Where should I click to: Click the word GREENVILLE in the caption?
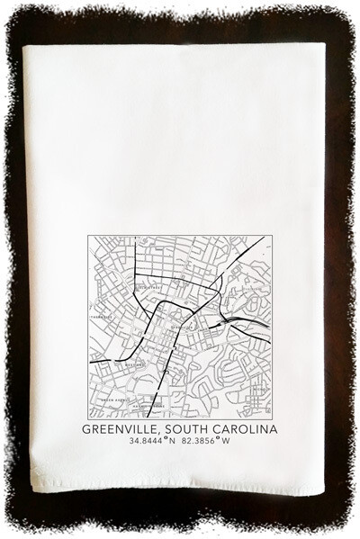click(117, 429)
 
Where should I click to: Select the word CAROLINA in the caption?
click(246, 429)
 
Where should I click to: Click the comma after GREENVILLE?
click(155, 433)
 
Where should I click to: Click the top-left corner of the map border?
click(88, 236)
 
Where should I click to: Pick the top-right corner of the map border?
click(273, 236)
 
